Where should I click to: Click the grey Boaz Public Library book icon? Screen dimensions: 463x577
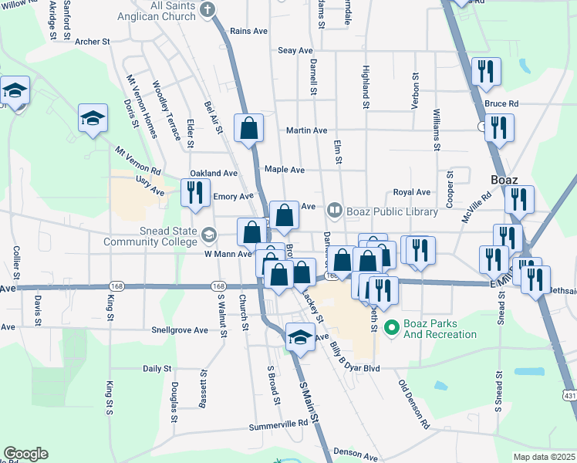coord(334,208)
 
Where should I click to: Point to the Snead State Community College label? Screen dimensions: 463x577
coord(158,235)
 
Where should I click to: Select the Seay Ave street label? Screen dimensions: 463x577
coord(295,50)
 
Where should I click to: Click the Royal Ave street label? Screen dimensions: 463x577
coord(411,192)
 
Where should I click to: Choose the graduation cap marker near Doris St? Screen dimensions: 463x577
coord(93,120)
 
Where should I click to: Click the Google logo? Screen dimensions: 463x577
coord(25,454)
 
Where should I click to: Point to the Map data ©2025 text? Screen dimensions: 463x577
coord(543,457)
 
